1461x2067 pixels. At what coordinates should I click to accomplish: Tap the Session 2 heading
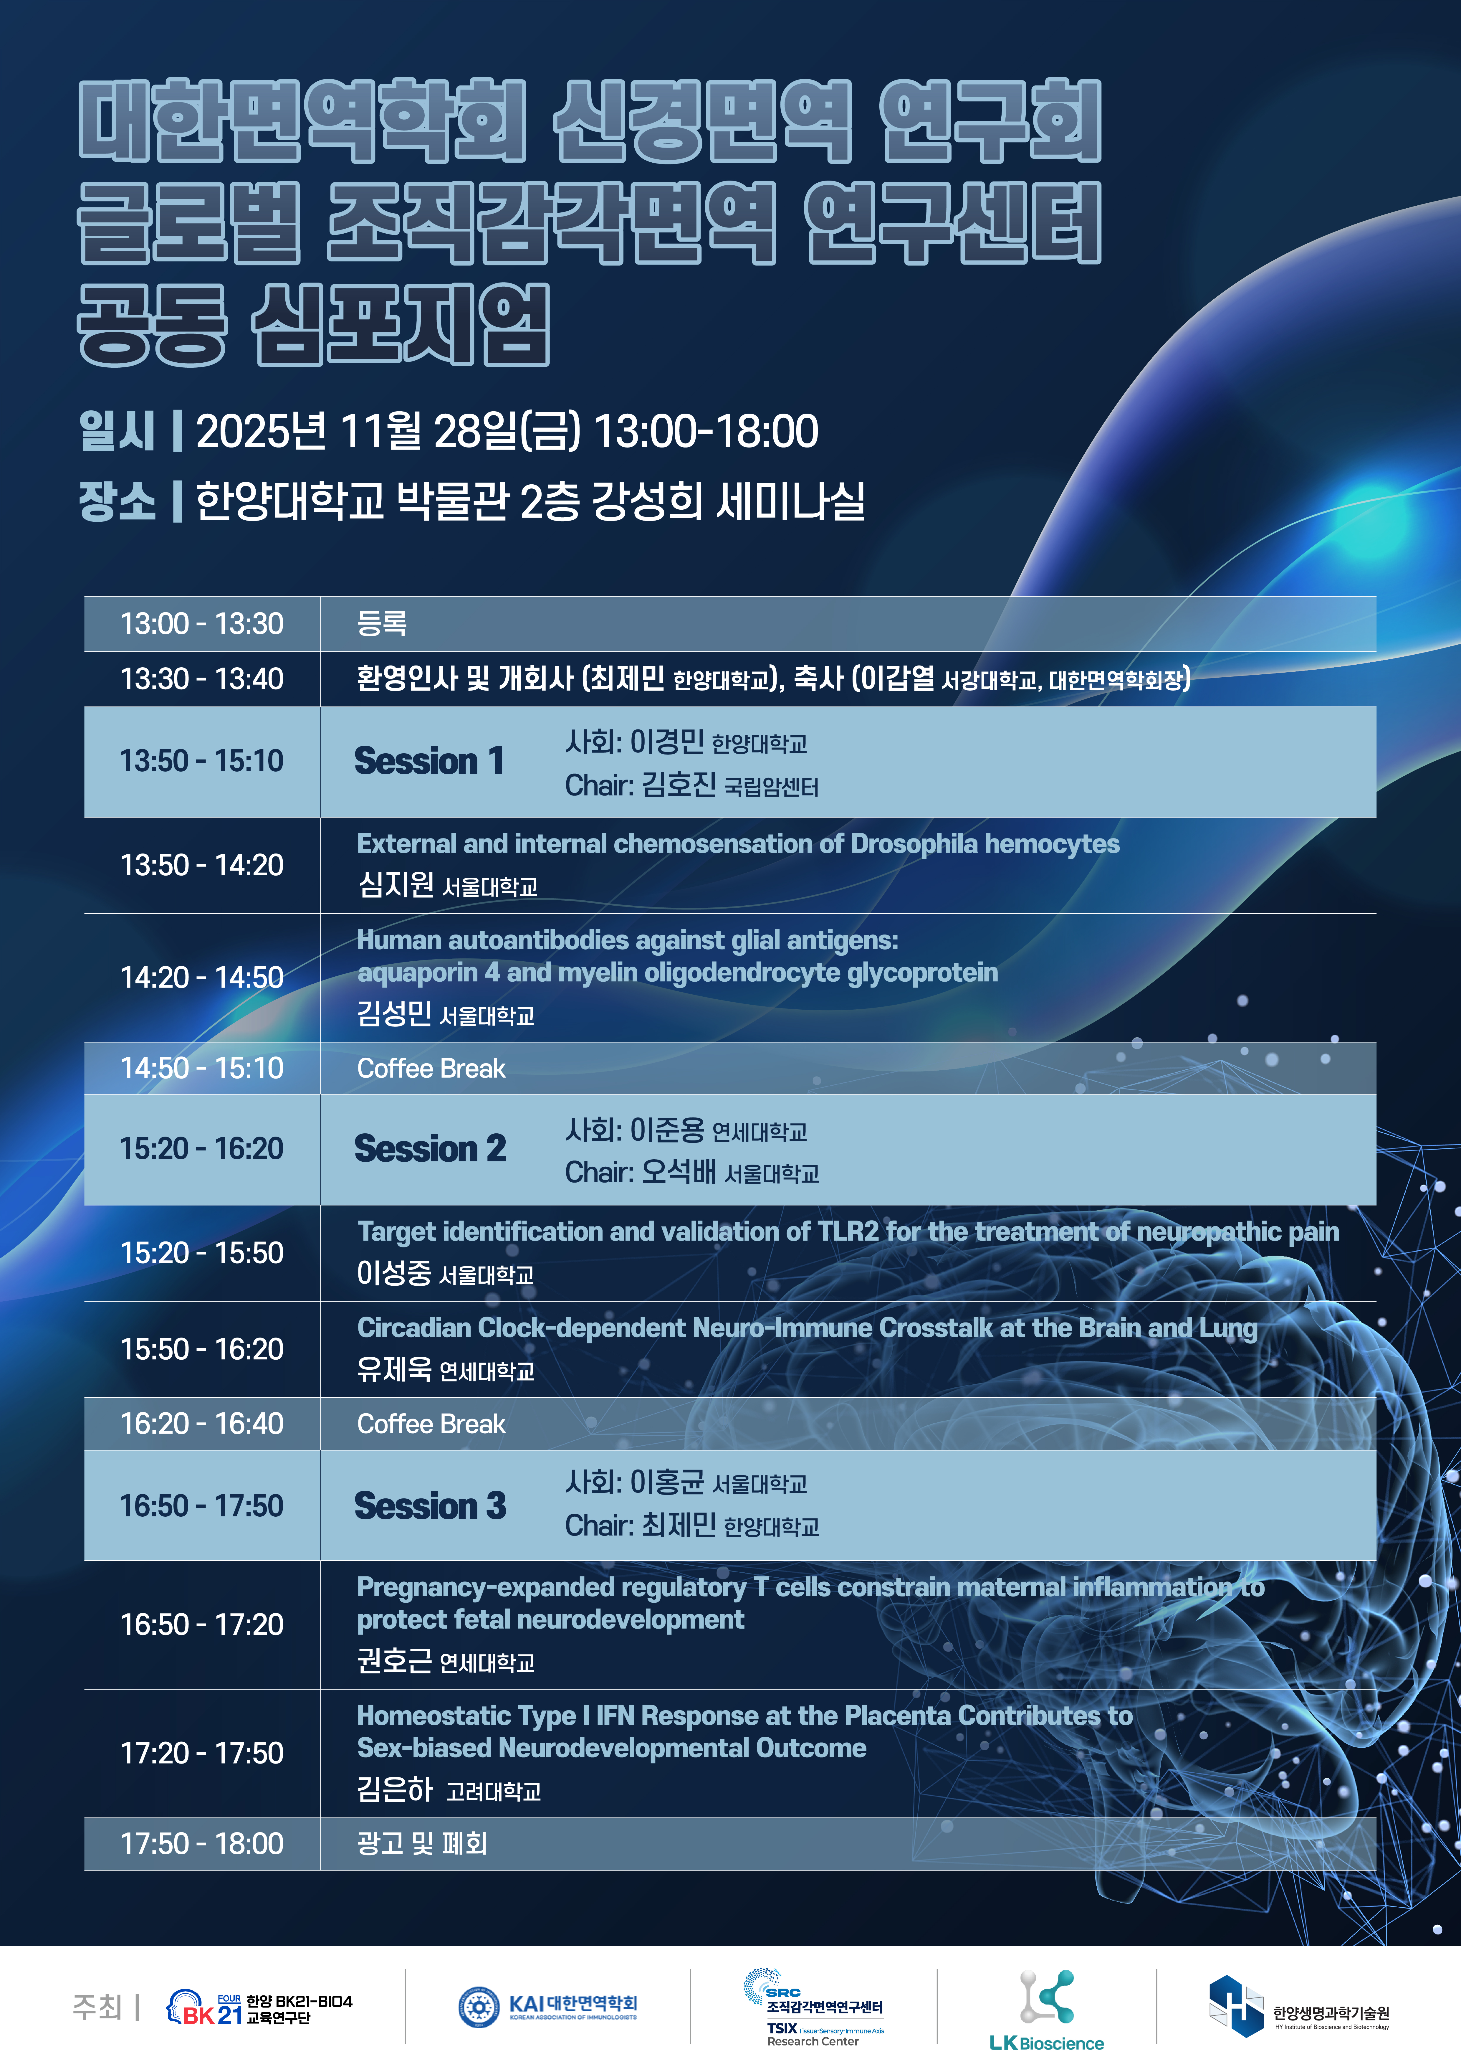(430, 1149)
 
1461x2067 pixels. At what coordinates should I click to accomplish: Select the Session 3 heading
(430, 1505)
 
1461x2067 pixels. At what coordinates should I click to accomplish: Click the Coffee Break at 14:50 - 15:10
(431, 1069)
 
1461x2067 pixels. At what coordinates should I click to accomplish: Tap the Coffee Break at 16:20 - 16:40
(431, 1424)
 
